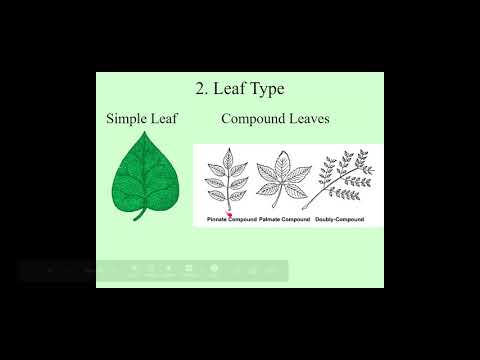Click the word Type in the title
pyautogui.click(x=266, y=89)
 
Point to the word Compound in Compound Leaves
pyautogui.click(x=252, y=119)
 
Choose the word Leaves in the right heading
pyautogui.click(x=306, y=119)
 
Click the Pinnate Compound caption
pyautogui.click(x=231, y=218)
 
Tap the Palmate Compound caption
pyautogui.click(x=283, y=218)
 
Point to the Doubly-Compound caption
pyautogui.click(x=339, y=218)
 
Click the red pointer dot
pyautogui.click(x=229, y=214)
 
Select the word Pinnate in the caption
pyautogui.click(x=217, y=218)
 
